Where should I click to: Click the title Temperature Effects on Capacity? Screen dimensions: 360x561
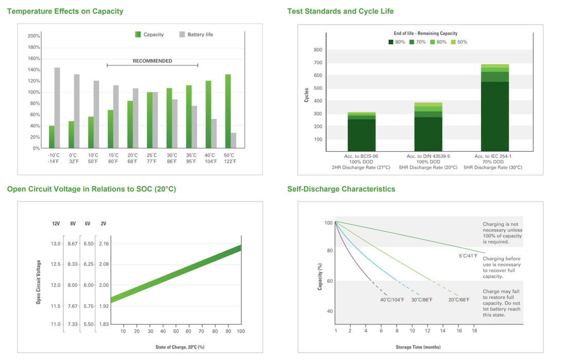(x=65, y=11)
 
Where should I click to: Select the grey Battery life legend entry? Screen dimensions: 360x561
(x=196, y=34)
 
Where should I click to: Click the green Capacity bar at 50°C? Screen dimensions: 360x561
(x=227, y=111)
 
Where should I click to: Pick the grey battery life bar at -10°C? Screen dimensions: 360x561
(x=57, y=108)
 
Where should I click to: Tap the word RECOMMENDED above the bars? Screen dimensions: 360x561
(x=152, y=61)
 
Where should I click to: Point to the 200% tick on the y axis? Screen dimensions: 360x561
(x=34, y=36)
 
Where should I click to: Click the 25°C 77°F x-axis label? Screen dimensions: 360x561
(x=152, y=158)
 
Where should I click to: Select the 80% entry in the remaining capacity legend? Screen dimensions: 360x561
(x=396, y=42)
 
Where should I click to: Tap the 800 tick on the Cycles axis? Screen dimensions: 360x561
(x=318, y=50)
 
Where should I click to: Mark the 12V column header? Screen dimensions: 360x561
(x=56, y=224)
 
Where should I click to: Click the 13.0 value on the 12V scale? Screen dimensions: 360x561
(x=56, y=243)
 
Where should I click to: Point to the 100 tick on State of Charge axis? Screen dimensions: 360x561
(x=240, y=331)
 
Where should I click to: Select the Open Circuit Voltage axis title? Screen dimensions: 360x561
(x=39, y=282)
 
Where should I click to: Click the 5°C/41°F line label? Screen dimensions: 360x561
(x=468, y=256)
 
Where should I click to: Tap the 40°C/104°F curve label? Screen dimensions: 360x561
(x=392, y=300)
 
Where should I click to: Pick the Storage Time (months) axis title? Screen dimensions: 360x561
(x=418, y=348)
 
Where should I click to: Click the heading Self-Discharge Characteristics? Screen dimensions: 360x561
(x=341, y=189)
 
